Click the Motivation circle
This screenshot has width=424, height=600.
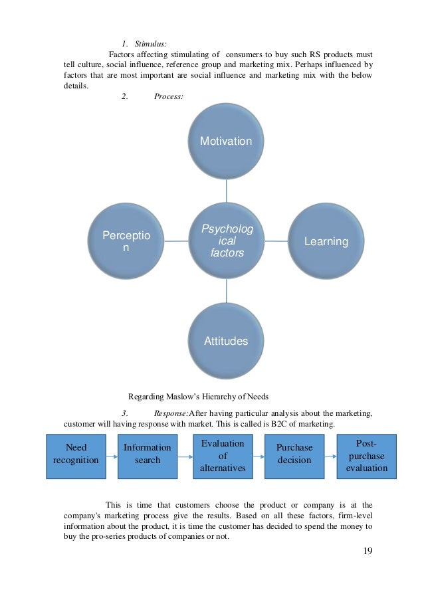[x=227, y=141]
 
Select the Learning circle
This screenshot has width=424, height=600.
[x=326, y=241]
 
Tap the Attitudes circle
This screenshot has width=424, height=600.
[x=226, y=341]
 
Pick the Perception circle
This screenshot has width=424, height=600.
[x=126, y=241]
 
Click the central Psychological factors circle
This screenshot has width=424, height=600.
[x=226, y=241]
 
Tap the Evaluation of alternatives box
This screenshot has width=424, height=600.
[x=222, y=455]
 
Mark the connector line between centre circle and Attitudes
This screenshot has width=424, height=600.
[x=227, y=293]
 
